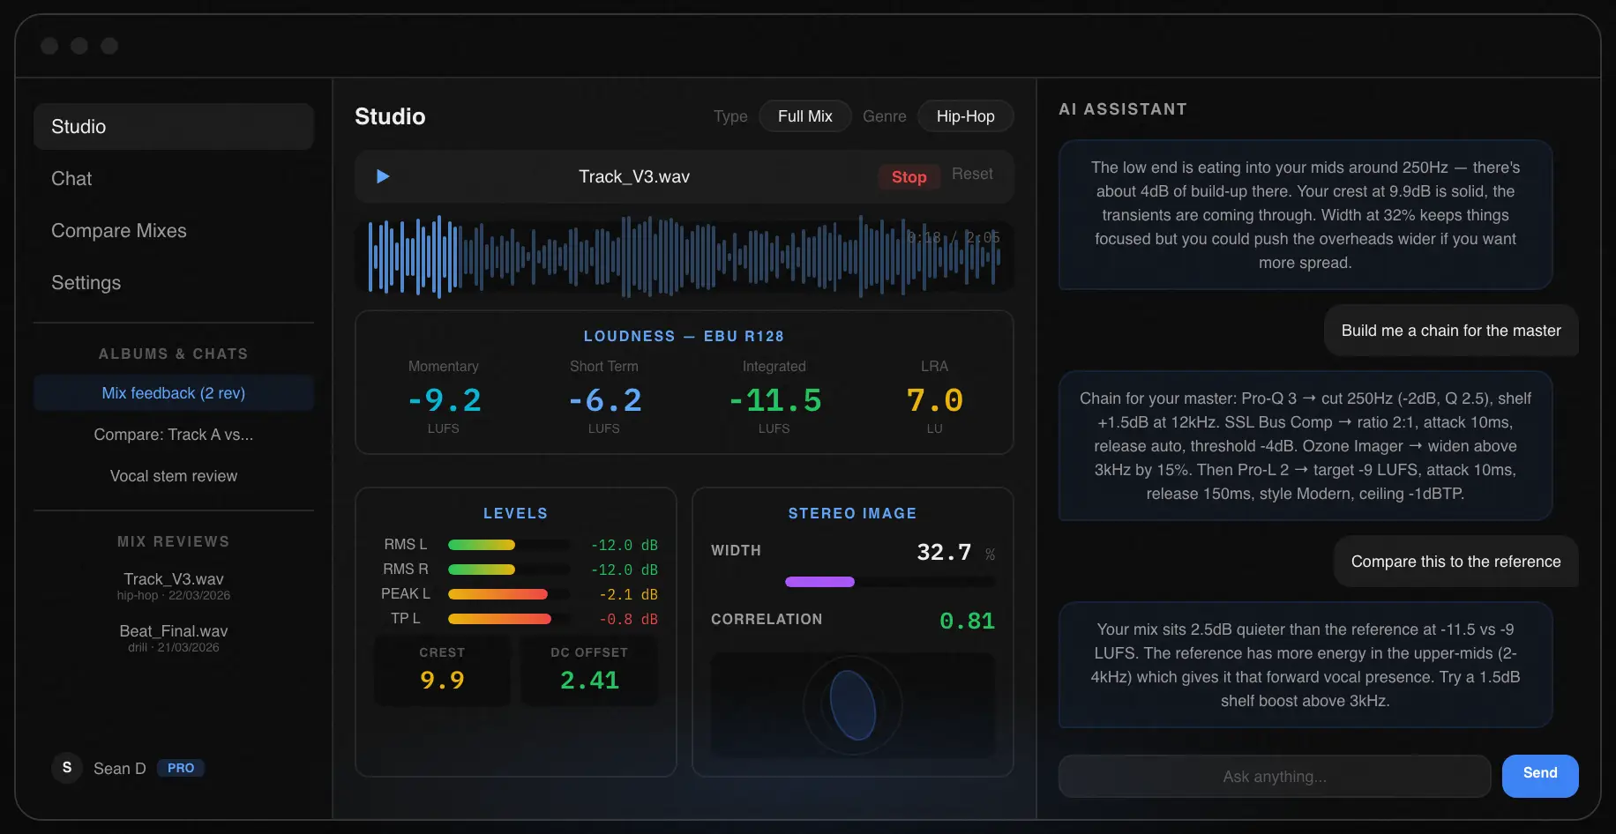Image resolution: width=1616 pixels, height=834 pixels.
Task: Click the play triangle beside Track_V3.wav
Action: pyautogui.click(x=383, y=176)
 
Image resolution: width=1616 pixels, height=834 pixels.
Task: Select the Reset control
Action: pyautogui.click(x=971, y=175)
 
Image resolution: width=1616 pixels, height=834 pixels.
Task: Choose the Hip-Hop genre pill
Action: pyautogui.click(x=965, y=116)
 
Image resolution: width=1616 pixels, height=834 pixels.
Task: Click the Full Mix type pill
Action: pyautogui.click(x=804, y=116)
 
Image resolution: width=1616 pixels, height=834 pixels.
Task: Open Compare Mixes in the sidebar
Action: pyautogui.click(x=119, y=231)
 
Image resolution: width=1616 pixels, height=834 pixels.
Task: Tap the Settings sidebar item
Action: pyautogui.click(x=86, y=283)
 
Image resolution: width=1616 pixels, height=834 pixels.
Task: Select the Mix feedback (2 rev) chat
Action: pyautogui.click(x=174, y=393)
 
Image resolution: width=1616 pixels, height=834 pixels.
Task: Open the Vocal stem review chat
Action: pyautogui.click(x=174, y=476)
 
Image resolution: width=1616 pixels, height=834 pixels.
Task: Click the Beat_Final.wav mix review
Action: pyautogui.click(x=174, y=632)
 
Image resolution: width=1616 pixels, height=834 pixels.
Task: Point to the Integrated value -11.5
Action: pyautogui.click(x=774, y=401)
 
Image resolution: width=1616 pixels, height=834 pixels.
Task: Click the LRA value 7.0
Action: pyautogui.click(x=934, y=401)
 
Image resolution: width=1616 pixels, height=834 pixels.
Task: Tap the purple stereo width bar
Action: pyautogui.click(x=819, y=582)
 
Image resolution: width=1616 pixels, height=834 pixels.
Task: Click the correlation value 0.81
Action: pyautogui.click(x=967, y=622)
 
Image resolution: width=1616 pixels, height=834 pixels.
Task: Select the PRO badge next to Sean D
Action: pyautogui.click(x=181, y=768)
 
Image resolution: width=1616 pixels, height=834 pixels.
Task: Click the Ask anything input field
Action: pyautogui.click(x=1274, y=776)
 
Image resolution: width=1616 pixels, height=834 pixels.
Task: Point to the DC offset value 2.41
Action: pyautogui.click(x=589, y=681)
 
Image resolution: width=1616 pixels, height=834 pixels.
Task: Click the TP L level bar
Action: pyautogui.click(x=499, y=619)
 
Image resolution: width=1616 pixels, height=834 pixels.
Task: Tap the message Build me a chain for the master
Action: pyautogui.click(x=1450, y=331)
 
